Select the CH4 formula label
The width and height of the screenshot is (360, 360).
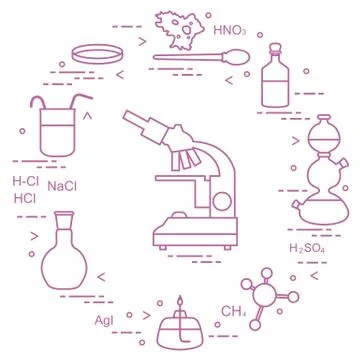click(233, 311)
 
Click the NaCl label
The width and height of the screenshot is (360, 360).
click(63, 187)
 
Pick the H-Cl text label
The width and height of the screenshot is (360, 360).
click(25, 181)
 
